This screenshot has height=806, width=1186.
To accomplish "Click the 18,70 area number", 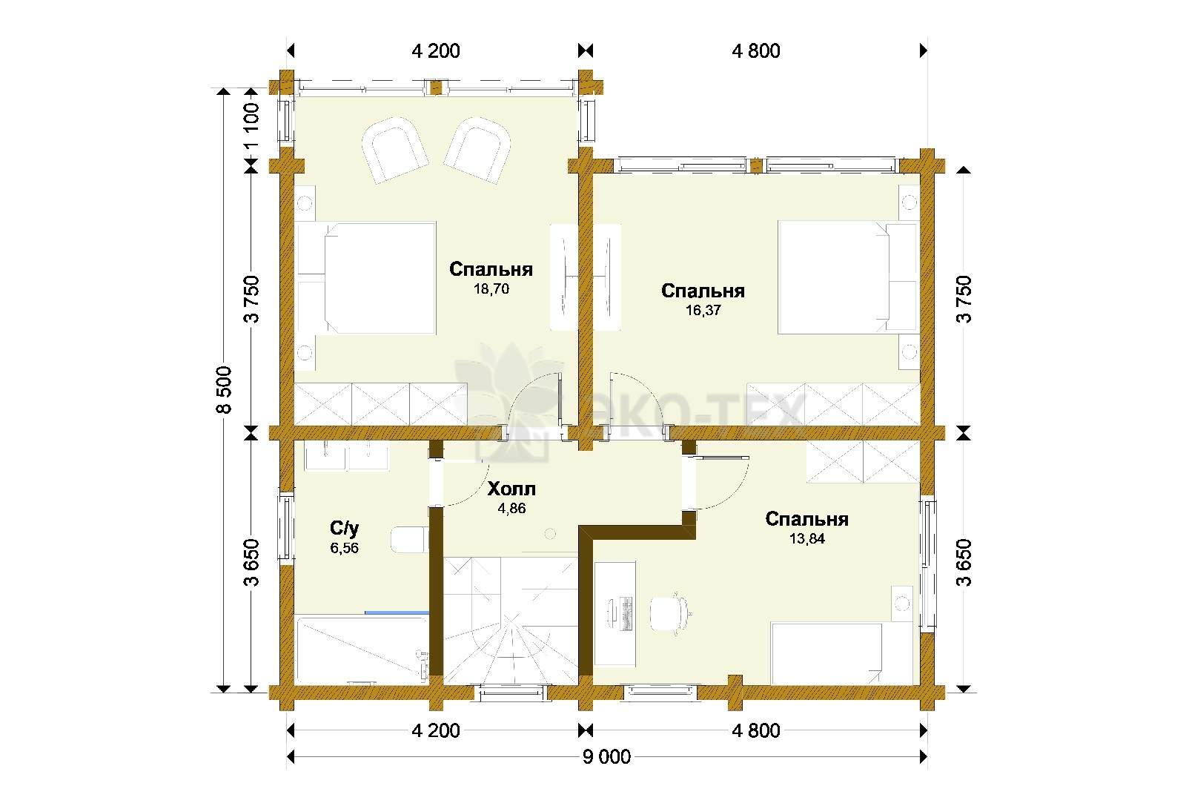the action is (491, 288).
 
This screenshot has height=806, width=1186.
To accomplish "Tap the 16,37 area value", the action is (703, 311).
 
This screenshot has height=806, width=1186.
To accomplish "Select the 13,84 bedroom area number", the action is (807, 538).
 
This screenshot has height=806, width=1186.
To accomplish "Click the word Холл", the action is (511, 488).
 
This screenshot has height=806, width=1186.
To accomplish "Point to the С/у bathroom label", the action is (344, 528).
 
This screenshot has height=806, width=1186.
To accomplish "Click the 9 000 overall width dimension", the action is (607, 757).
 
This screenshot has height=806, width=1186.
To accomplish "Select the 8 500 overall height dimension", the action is (224, 390).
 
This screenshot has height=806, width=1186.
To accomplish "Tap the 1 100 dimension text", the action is (251, 125).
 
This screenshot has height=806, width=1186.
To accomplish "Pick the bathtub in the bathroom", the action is (362, 650).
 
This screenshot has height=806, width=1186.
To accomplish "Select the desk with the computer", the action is (614, 614).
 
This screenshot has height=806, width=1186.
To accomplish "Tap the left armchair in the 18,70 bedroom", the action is (394, 151).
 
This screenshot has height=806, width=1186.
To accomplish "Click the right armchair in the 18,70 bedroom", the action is (477, 151).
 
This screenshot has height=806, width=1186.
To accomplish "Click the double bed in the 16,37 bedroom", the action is (848, 277).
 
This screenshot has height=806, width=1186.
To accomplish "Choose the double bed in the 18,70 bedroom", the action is (365, 278).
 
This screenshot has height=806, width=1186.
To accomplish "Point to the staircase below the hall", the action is (511, 621).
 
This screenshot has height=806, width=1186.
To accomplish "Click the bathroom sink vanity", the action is (346, 456).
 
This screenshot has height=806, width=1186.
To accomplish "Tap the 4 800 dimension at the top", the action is (756, 51).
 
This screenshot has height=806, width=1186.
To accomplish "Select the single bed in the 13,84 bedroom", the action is (842, 653).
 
